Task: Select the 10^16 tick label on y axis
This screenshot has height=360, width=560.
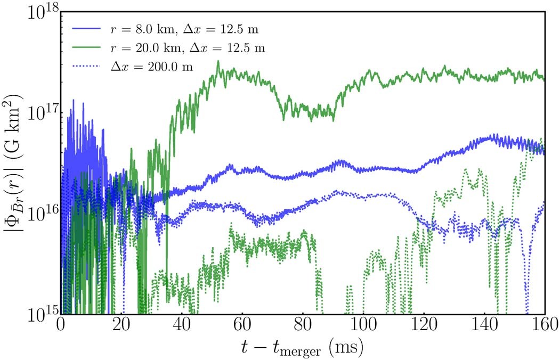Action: tap(40, 214)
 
